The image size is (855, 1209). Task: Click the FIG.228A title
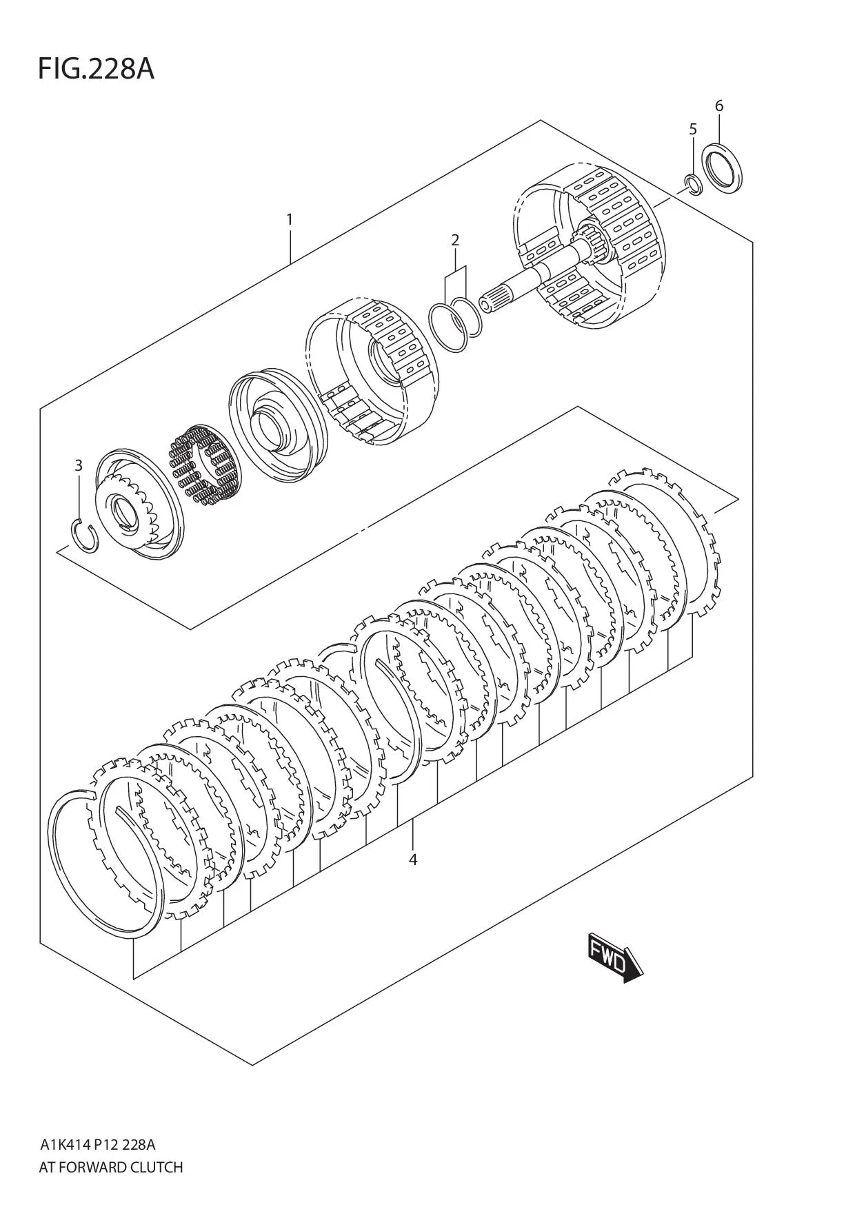pyautogui.click(x=96, y=70)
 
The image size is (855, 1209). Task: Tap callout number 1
pyautogui.click(x=290, y=219)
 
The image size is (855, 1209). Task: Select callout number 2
pyautogui.click(x=455, y=240)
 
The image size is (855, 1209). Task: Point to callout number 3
pyautogui.click(x=79, y=465)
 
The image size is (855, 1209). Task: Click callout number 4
pyautogui.click(x=412, y=860)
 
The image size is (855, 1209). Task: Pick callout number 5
pyautogui.click(x=693, y=129)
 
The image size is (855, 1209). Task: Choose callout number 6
pyautogui.click(x=719, y=105)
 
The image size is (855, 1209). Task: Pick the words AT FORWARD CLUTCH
pyautogui.click(x=111, y=1167)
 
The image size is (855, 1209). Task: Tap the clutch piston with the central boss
pyautogui.click(x=274, y=426)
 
